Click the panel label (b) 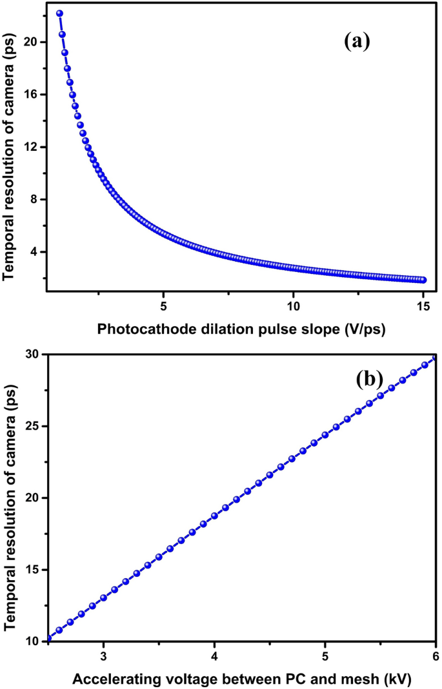point(370,379)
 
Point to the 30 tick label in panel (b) point(33,354)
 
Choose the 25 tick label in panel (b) point(33,426)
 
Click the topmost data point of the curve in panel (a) point(59,14)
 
